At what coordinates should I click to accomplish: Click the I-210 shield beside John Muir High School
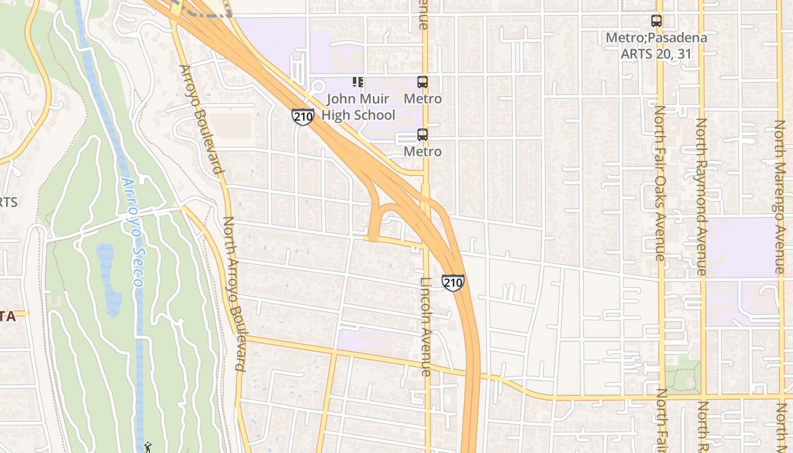pos(303,117)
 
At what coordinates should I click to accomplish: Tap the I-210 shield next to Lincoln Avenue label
pos(453,283)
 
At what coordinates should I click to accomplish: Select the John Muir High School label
pos(358,107)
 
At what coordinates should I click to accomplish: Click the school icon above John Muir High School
pos(357,82)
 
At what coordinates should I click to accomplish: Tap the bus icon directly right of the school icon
pos(423,82)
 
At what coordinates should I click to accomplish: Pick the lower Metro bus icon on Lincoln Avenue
pos(423,135)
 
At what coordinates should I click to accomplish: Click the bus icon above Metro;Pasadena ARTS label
pos(656,22)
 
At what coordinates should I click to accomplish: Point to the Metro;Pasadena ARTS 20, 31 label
pos(656,46)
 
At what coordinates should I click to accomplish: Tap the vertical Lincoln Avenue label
pos(426,327)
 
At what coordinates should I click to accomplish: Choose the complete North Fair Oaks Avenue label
pos(660,183)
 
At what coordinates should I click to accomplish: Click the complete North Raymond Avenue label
pos(701,196)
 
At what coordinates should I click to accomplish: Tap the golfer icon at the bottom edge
pos(148,447)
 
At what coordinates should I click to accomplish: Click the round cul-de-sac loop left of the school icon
pos(317,87)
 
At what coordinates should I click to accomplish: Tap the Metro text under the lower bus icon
pos(423,152)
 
